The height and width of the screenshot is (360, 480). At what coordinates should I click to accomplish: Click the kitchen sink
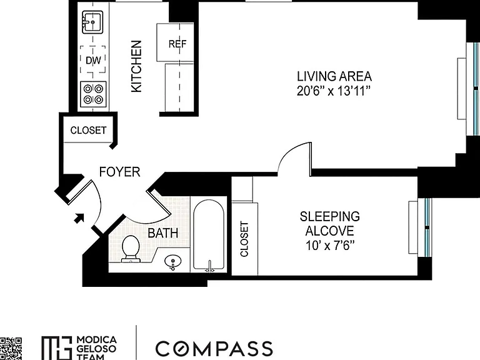click(92, 22)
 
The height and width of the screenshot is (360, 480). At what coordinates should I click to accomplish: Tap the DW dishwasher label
click(93, 60)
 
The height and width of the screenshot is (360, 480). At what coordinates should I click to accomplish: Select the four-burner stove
click(93, 94)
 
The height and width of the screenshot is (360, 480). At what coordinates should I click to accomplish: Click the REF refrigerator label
click(177, 44)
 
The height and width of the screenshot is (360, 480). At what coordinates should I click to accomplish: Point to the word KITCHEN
click(136, 66)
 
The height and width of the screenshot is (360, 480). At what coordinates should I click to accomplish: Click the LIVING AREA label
click(334, 76)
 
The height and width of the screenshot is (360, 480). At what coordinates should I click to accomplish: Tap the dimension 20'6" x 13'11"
click(334, 91)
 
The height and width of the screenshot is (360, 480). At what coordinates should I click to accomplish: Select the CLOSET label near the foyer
click(88, 131)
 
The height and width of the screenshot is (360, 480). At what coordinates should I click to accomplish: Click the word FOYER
click(120, 172)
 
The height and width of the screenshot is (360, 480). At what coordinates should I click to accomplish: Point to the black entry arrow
click(79, 218)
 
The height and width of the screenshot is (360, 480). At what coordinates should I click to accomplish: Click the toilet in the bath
click(131, 249)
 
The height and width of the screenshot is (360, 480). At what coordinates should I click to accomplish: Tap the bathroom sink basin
click(172, 262)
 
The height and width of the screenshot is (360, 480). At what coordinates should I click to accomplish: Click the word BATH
click(163, 233)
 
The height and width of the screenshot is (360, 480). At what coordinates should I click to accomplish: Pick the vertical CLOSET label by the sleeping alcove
click(244, 239)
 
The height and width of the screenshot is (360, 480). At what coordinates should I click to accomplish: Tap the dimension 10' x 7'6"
click(330, 246)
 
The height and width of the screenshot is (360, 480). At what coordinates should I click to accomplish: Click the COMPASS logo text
click(214, 348)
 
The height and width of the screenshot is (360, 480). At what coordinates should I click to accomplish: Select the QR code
click(11, 349)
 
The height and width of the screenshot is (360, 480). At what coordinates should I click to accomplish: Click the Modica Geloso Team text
click(96, 348)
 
